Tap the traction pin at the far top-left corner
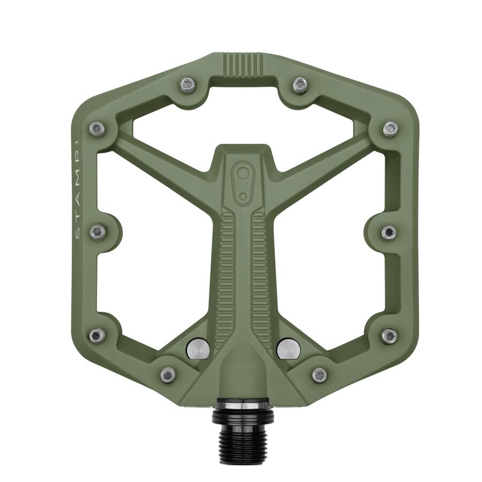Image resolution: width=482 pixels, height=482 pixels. (x=96, y=129)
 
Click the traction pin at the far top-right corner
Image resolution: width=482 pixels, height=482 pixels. (x=390, y=129)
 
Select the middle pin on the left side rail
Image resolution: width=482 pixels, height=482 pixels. (x=98, y=232)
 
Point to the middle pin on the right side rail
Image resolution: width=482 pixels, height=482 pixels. (x=389, y=232)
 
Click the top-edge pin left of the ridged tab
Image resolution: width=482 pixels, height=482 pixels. (x=187, y=84)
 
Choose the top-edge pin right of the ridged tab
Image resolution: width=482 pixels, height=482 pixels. (x=300, y=85)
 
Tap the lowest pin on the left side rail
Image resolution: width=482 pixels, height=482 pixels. (x=96, y=336)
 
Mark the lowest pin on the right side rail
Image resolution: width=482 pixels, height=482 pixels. (x=389, y=336)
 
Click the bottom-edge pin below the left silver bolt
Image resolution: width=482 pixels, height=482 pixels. (x=168, y=374)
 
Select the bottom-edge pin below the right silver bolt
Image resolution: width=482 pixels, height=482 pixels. (x=319, y=374)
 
